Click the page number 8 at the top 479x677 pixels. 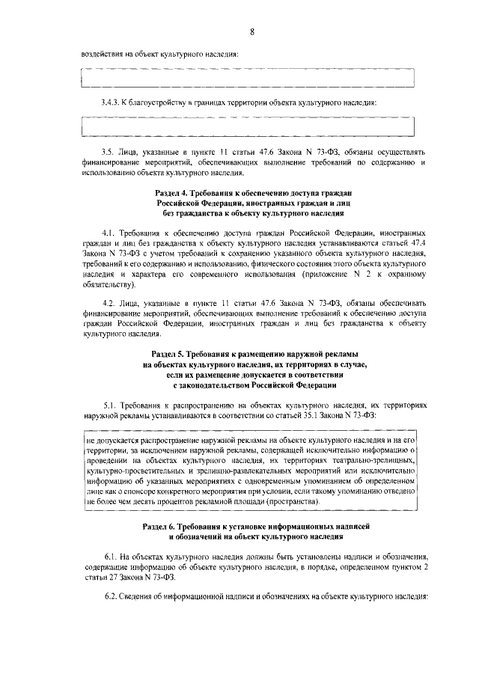(252, 31)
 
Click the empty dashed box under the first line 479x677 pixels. (251, 77)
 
